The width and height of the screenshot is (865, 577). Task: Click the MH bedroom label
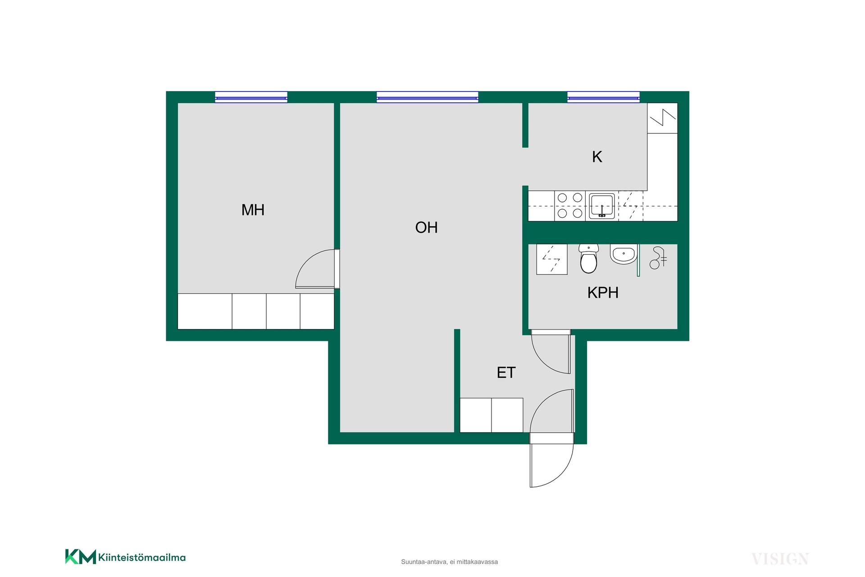[253, 210]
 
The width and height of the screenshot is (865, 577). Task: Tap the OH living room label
[426, 228]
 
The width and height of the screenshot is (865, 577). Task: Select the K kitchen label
[597, 157]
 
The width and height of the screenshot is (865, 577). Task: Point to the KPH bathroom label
[603, 293]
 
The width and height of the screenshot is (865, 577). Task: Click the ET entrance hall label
[506, 373]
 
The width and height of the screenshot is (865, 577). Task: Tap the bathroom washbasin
[624, 254]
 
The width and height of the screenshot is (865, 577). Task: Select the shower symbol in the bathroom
[658, 258]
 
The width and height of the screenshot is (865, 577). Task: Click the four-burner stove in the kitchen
[570, 206]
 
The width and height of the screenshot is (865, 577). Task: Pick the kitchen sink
[602, 206]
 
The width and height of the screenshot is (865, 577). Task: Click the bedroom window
[251, 97]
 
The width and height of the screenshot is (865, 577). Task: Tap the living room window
[427, 97]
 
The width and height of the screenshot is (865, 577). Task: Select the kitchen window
[603, 97]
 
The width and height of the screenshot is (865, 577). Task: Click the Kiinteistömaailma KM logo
[125, 557]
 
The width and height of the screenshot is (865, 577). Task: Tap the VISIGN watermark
[780, 559]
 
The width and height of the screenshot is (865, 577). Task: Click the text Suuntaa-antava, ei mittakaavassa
[449, 562]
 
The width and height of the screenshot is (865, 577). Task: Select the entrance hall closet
[492, 415]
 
